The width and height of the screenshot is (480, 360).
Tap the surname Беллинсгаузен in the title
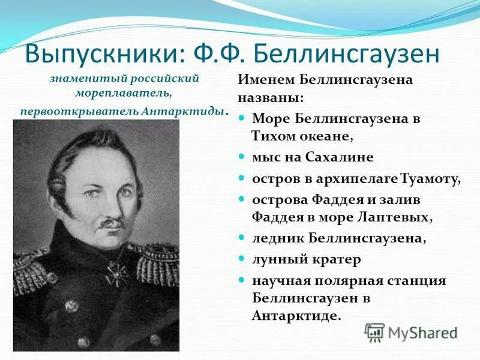(x=347, y=55)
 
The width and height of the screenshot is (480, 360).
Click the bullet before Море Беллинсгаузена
(x=242, y=118)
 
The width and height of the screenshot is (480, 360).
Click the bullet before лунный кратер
(x=242, y=259)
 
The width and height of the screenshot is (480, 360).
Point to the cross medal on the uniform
(x=115, y=273)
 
